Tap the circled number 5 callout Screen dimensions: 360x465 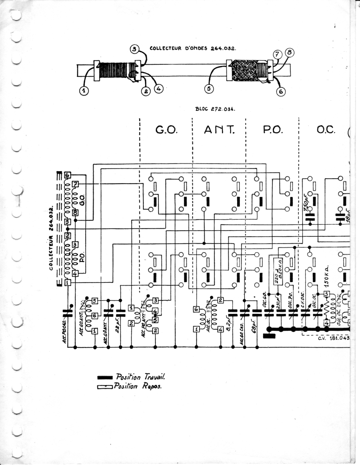pyautogui.click(x=209, y=89)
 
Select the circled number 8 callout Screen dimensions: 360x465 pyautogui.click(x=289, y=52)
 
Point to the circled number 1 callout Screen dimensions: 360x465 pyautogui.click(x=84, y=91)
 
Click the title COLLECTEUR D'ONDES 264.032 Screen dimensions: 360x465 pyautogui.click(x=193, y=49)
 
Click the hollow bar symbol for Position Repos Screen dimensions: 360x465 pyautogui.click(x=104, y=386)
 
